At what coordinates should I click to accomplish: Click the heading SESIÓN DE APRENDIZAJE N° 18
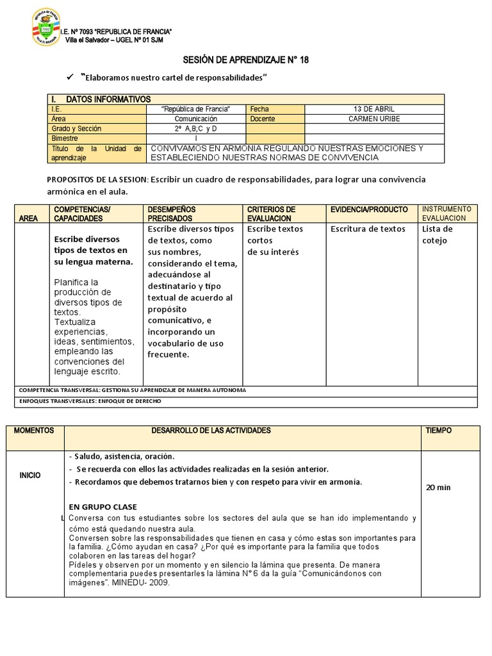[246, 60]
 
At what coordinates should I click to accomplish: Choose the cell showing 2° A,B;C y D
[195, 128]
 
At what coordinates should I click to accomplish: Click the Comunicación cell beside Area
[195, 119]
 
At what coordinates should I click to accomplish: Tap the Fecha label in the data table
[259, 109]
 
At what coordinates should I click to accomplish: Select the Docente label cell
[263, 119]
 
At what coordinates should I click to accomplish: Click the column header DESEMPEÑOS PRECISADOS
[172, 214]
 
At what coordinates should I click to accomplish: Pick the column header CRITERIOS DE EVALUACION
[271, 214]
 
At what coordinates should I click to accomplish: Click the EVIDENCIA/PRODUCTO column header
[368, 209]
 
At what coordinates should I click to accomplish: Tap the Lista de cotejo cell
[438, 234]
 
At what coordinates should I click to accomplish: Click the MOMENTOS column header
[34, 430]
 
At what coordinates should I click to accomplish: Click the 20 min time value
[438, 488]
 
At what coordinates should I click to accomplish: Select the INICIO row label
[30, 475]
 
